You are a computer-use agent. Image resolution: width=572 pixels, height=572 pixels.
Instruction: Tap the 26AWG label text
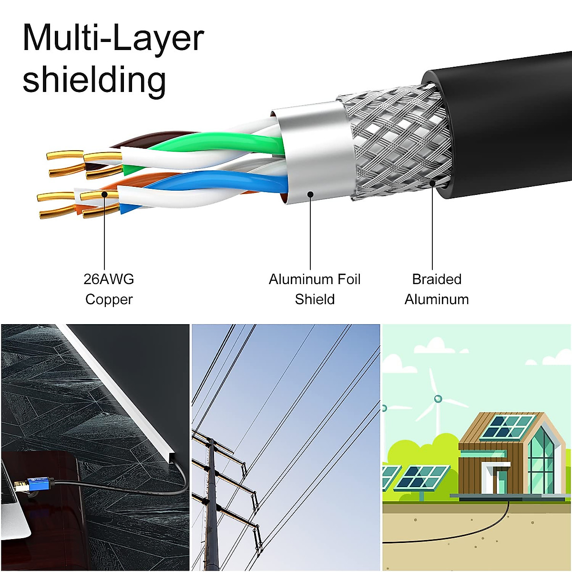coord(109,279)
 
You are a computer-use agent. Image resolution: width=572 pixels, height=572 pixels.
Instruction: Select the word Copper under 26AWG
coord(109,300)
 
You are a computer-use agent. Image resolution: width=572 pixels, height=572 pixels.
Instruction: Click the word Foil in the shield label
coord(347,279)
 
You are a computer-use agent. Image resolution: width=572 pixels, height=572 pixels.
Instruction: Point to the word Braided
coord(437,279)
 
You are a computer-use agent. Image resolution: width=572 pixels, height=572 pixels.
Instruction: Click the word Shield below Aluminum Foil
coord(315,299)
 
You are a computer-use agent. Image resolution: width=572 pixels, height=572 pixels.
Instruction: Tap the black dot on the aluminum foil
coord(310,194)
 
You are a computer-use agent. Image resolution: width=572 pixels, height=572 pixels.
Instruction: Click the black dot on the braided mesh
coord(432,183)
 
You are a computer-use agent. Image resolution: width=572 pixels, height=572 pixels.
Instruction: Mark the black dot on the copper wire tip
coord(104,194)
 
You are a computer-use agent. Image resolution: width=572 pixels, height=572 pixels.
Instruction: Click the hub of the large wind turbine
coord(438,398)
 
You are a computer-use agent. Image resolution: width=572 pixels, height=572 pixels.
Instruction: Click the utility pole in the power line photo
coord(213,505)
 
